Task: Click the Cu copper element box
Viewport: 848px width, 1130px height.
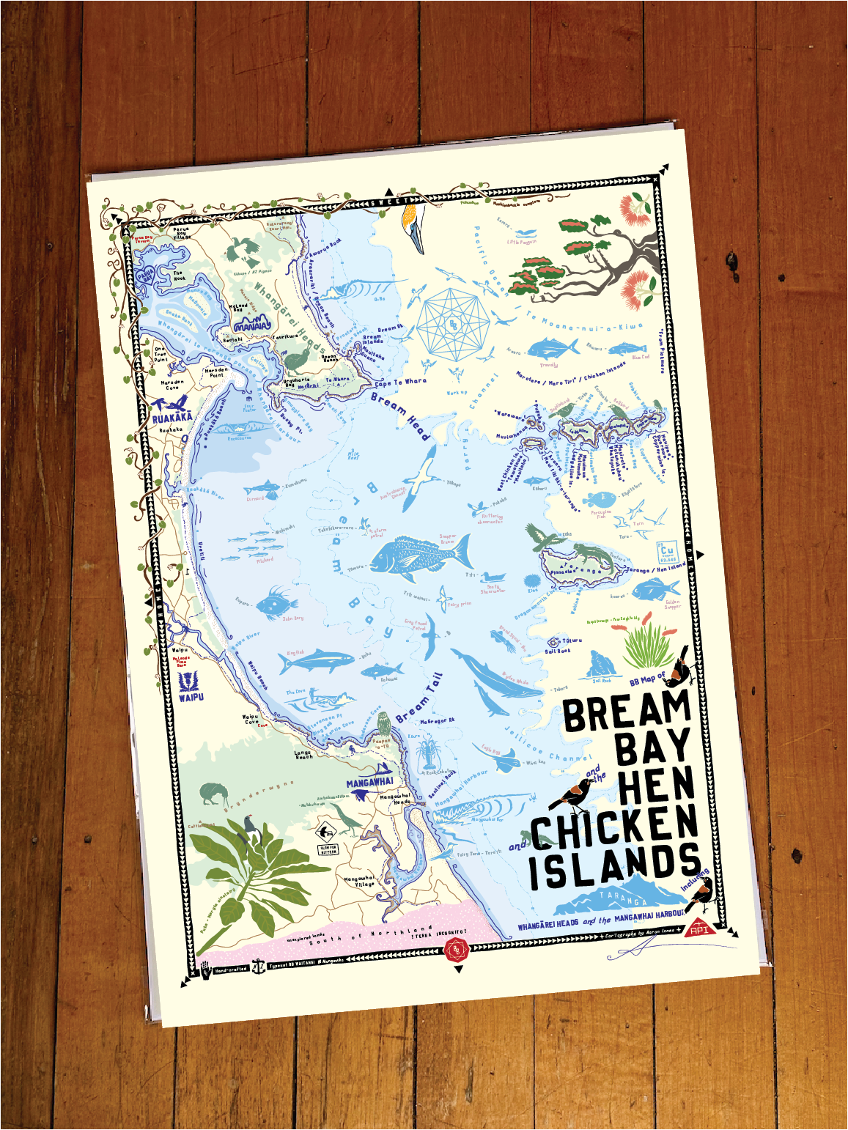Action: coord(666,553)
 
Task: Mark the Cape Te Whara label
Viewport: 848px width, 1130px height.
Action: coord(400,383)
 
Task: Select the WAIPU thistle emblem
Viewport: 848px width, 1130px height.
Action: coord(186,682)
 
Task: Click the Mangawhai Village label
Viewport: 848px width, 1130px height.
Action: coord(359,881)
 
